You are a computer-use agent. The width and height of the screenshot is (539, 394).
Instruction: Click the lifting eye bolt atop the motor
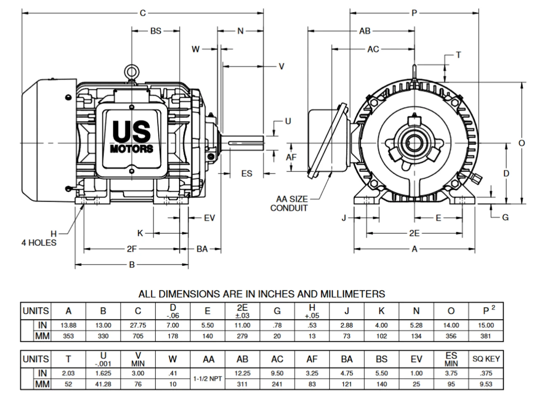(x=132, y=72)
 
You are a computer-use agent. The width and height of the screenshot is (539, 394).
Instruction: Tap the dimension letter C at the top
(x=142, y=13)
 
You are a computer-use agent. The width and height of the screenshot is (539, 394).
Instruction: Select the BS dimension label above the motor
(x=155, y=31)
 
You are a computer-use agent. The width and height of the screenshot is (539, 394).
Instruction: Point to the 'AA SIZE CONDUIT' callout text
(x=292, y=204)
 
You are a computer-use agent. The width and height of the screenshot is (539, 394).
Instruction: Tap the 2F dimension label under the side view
(x=132, y=249)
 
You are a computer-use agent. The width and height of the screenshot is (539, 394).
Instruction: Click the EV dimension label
(x=209, y=218)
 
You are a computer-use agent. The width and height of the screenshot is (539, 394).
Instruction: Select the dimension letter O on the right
(x=522, y=143)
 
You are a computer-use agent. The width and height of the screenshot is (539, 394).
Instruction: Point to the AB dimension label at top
(x=365, y=31)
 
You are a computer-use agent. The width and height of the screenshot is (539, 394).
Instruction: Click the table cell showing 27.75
(x=138, y=326)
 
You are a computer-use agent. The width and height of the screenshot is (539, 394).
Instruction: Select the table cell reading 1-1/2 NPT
(x=208, y=379)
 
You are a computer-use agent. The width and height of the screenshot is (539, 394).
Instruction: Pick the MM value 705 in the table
(x=138, y=336)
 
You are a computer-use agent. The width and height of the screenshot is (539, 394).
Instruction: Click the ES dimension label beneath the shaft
(x=247, y=173)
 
